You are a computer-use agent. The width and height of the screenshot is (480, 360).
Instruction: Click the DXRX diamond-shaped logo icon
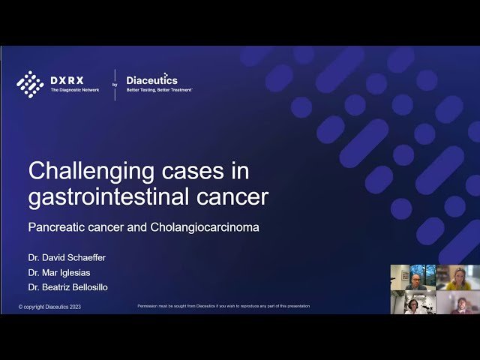[x=30, y=84]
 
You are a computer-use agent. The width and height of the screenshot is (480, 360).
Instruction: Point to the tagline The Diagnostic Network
[x=74, y=90]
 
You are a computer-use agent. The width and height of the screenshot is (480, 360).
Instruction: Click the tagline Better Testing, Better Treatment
[x=159, y=89]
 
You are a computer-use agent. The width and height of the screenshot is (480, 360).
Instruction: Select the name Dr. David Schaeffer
[x=67, y=257]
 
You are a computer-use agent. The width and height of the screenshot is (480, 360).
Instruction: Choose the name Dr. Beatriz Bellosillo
[x=67, y=286]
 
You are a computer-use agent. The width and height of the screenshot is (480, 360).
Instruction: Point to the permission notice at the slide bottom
[x=223, y=306]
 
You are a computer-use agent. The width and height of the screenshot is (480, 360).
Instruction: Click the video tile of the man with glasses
[x=412, y=277]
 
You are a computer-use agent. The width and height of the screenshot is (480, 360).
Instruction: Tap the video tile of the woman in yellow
[x=457, y=277]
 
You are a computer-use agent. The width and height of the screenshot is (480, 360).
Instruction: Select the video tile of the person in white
[x=412, y=302]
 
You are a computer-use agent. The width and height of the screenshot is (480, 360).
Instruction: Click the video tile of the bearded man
[x=457, y=302]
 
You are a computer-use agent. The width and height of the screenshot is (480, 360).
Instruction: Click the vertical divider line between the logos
[x=115, y=84]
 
